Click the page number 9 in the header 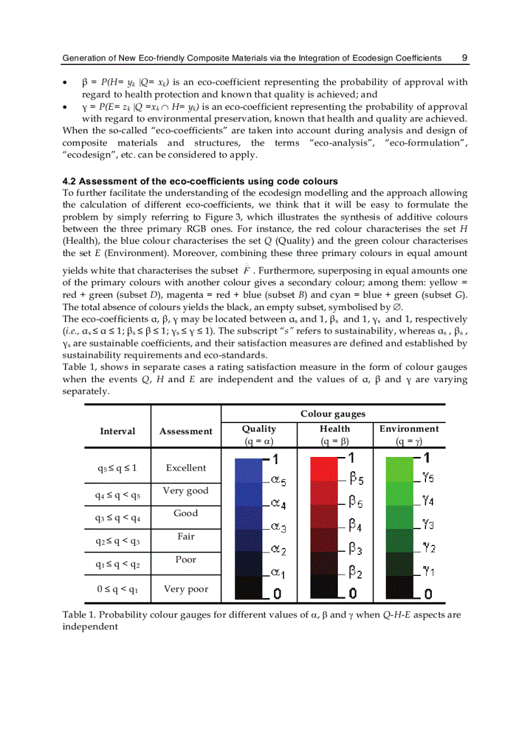pyautogui.click(x=464, y=58)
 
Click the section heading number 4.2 pyautogui.click(x=69, y=181)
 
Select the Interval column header pyautogui.click(x=118, y=431)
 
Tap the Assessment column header pyautogui.click(x=186, y=431)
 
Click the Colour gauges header pyautogui.click(x=333, y=413)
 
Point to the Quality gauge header pyautogui.click(x=259, y=429)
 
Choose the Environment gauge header pyautogui.click(x=409, y=429)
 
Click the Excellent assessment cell pyautogui.click(x=186, y=468)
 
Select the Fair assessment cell pyautogui.click(x=186, y=537)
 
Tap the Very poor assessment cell pyautogui.click(x=186, y=590)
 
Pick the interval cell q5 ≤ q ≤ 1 pyautogui.click(x=118, y=468)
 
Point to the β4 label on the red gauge pyautogui.click(x=355, y=526)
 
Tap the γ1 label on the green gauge pyautogui.click(x=427, y=571)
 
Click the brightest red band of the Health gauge pyautogui.click(x=324, y=468)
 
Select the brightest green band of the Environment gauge pyautogui.click(x=399, y=468)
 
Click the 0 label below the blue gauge pyautogui.click(x=276, y=593)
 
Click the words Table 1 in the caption pyautogui.click(x=77, y=615)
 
